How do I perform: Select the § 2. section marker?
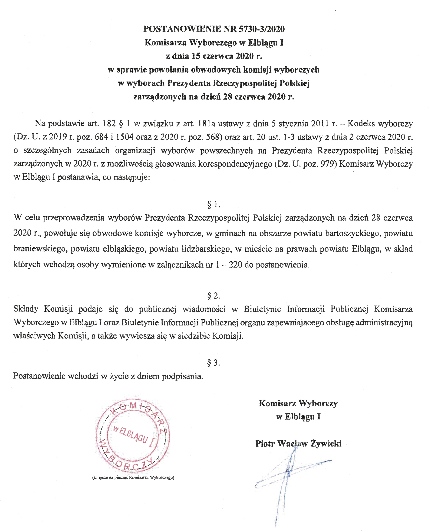coord(214,296)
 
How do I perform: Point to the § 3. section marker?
coord(214,363)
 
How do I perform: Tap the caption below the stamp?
coord(133,477)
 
